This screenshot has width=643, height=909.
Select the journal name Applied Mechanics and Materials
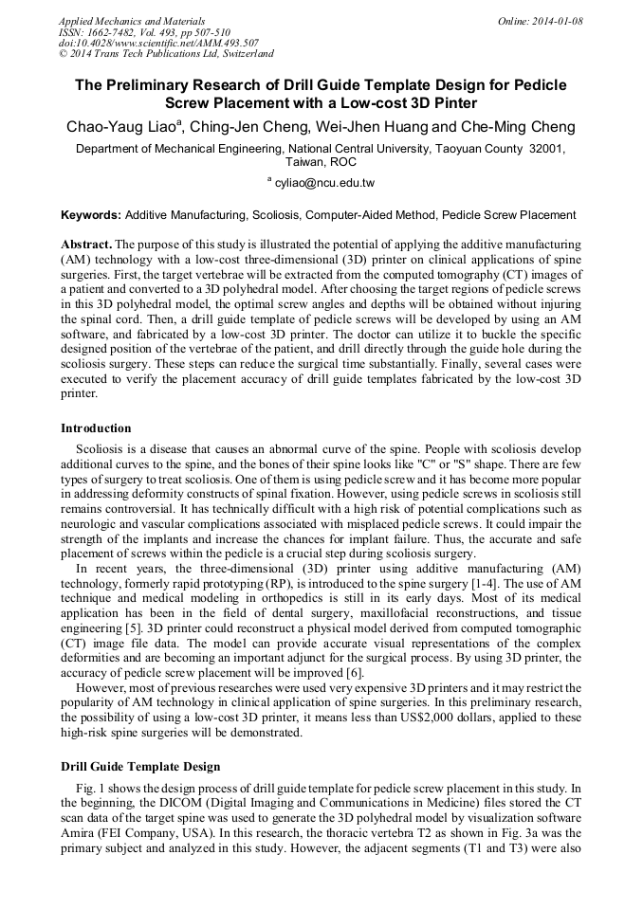(x=132, y=20)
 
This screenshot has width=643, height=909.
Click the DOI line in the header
(x=158, y=43)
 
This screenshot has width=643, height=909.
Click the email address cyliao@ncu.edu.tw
(x=324, y=182)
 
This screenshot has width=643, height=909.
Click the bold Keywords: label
(x=91, y=215)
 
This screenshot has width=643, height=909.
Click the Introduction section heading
(x=96, y=428)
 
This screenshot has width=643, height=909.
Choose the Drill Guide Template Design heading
(x=139, y=767)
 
